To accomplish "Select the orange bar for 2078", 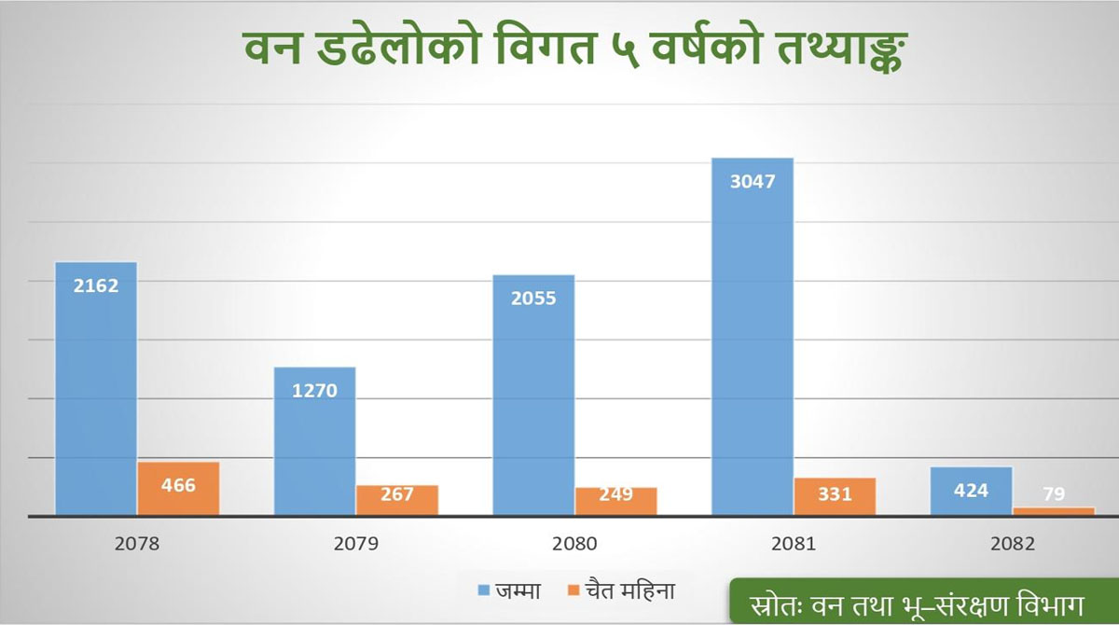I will (x=178, y=488).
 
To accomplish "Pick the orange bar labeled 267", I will (x=396, y=499).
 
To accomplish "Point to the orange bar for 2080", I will (x=615, y=500).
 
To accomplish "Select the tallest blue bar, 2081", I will (x=753, y=336).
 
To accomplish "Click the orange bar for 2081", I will (x=835, y=495).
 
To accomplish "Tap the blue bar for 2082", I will (x=971, y=491).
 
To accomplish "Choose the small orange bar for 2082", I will (x=1054, y=510).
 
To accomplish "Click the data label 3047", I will (x=753, y=181).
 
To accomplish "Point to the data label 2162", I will (x=96, y=285).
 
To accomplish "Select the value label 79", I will (x=1054, y=493).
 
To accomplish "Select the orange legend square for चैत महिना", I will (x=573, y=590).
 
